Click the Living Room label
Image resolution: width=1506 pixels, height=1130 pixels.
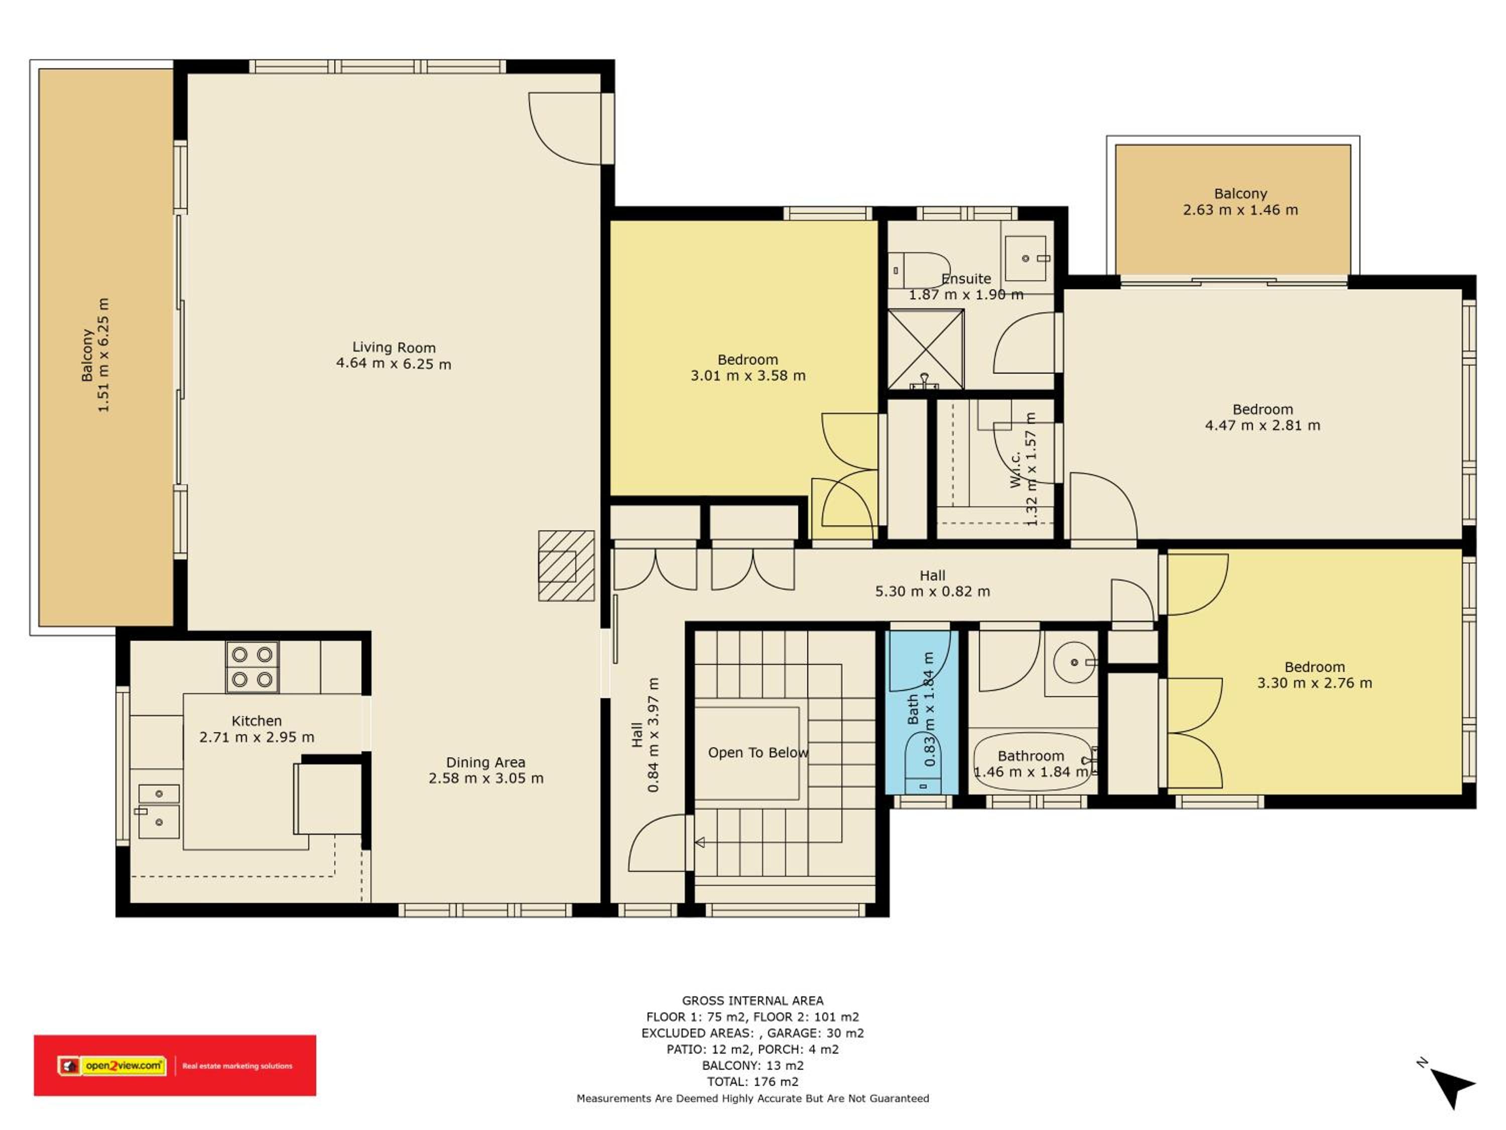[394, 348]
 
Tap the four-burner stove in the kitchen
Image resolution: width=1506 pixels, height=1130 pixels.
[252, 667]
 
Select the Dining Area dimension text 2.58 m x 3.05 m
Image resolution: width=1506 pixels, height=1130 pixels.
[486, 778]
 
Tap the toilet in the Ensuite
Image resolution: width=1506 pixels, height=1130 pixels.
[919, 270]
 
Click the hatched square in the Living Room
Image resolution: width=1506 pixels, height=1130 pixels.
[566, 566]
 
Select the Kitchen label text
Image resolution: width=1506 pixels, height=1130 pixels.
[256, 721]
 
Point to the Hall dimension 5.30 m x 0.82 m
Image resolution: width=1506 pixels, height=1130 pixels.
[932, 591]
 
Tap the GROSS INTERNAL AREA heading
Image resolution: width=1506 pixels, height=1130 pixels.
[752, 1000]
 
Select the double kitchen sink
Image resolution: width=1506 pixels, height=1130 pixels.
[159, 811]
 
